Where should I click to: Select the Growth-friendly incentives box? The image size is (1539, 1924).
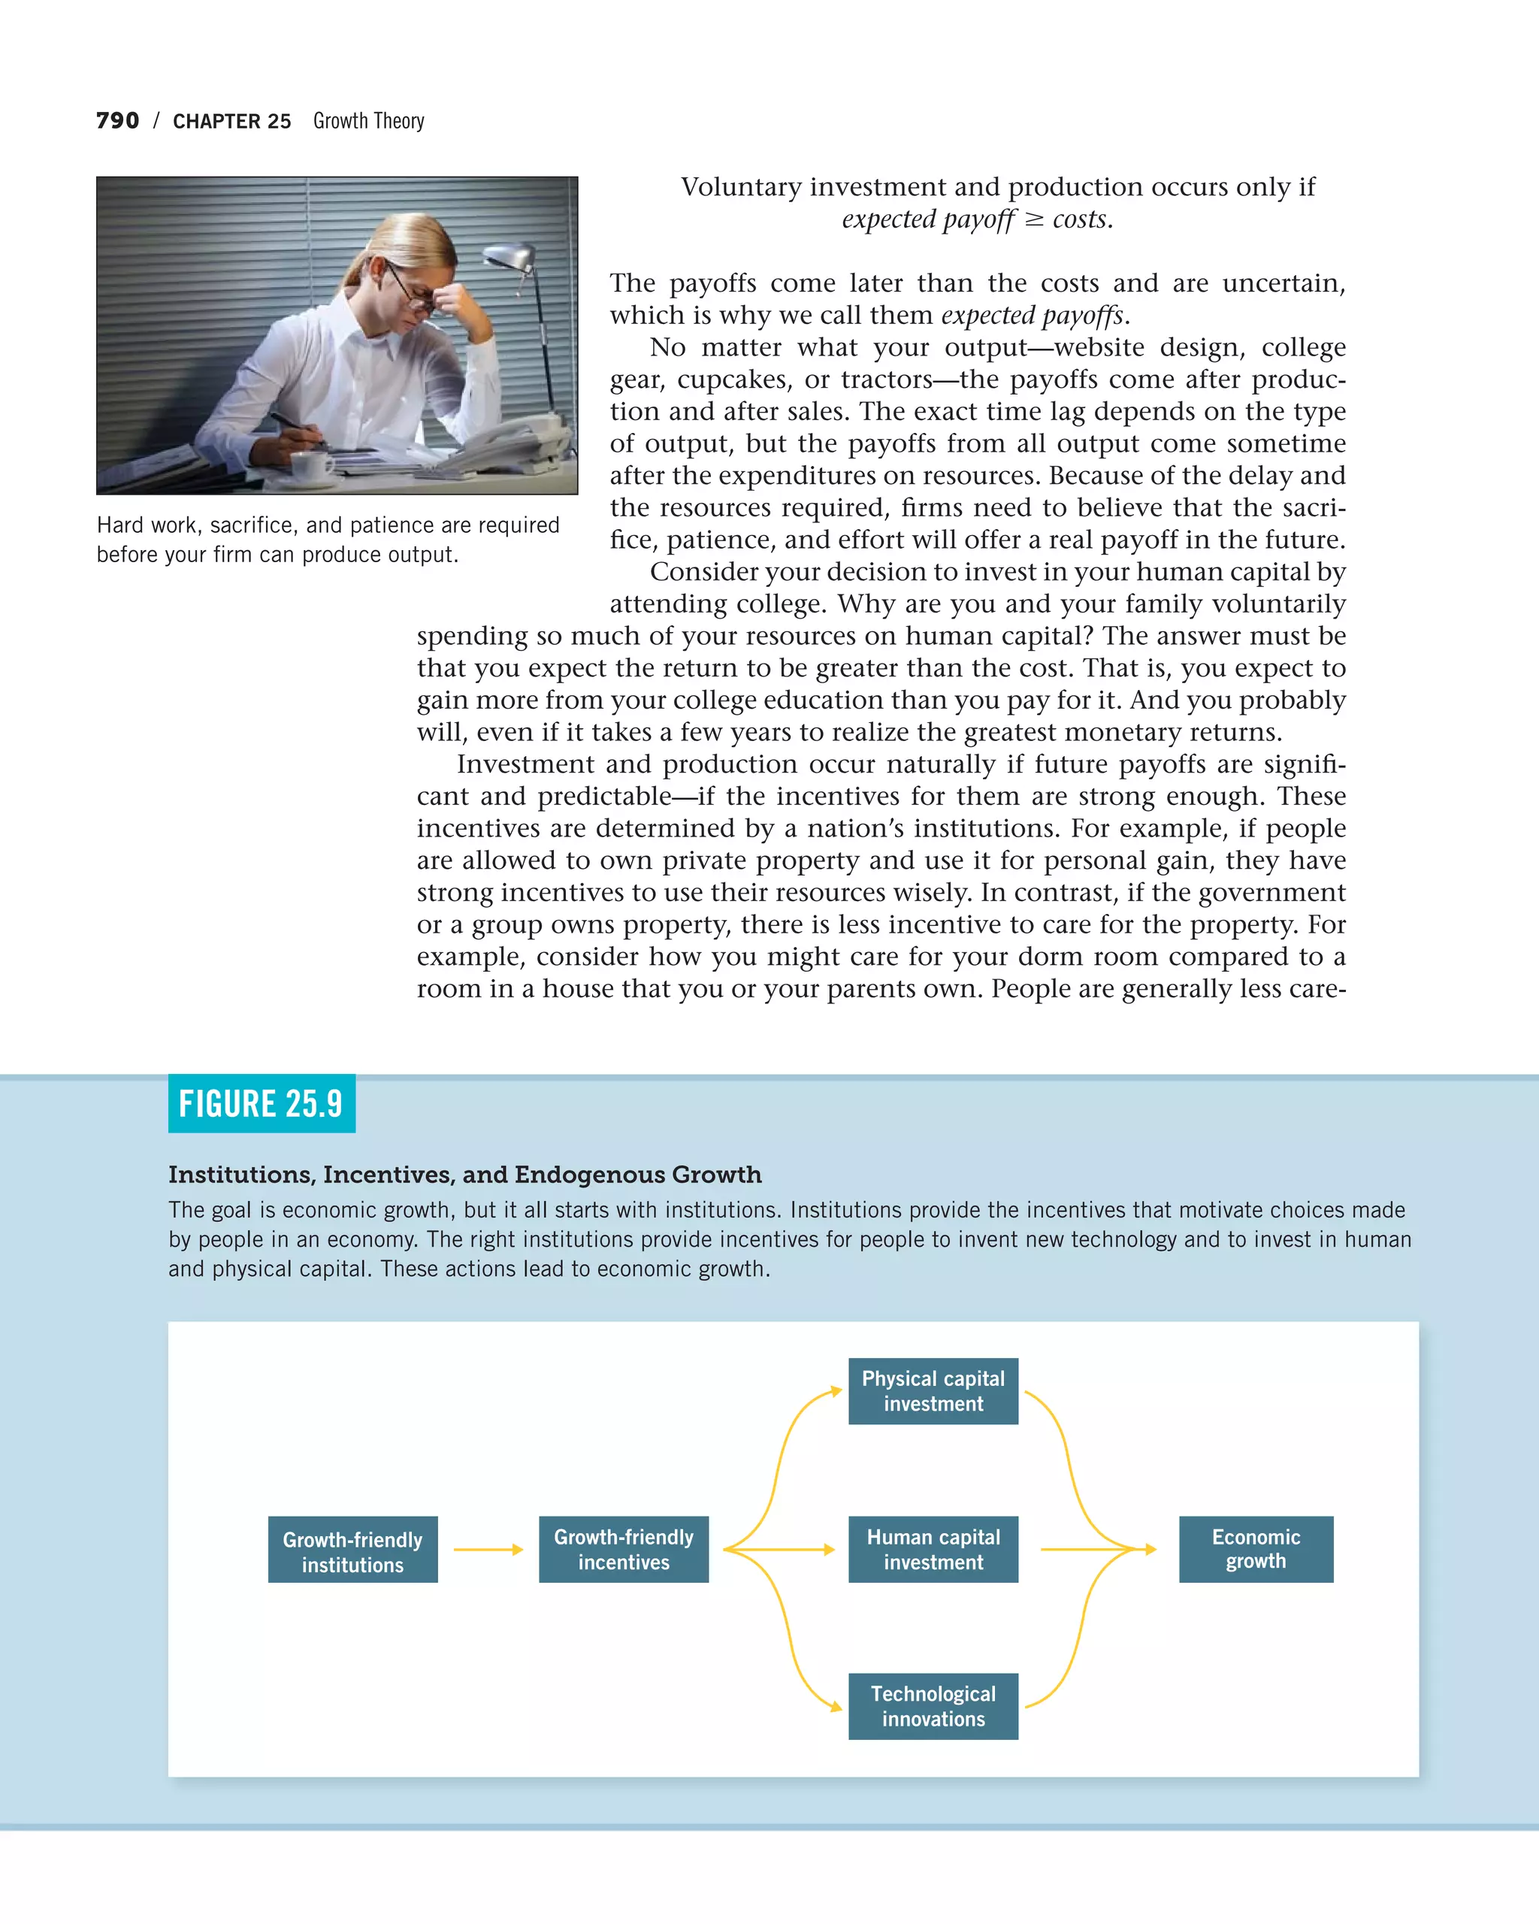tap(624, 1549)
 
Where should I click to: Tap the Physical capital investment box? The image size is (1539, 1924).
tap(933, 1391)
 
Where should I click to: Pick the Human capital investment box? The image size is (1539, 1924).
tap(933, 1549)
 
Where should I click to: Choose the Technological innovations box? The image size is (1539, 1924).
tap(933, 1706)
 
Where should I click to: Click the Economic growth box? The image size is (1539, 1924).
tap(1255, 1549)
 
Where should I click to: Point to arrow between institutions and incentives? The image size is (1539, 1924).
tap(488, 1550)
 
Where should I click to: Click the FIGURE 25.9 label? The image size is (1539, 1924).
tap(262, 1104)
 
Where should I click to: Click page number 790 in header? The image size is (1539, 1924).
tap(118, 120)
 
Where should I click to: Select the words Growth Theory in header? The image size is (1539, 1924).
tap(368, 120)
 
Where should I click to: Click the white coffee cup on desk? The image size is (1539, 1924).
tap(313, 464)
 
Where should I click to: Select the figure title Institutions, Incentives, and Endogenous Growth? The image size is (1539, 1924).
tap(465, 1175)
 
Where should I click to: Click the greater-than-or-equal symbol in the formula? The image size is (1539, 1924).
tap(1033, 219)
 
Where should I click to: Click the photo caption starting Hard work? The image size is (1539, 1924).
tap(328, 539)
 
